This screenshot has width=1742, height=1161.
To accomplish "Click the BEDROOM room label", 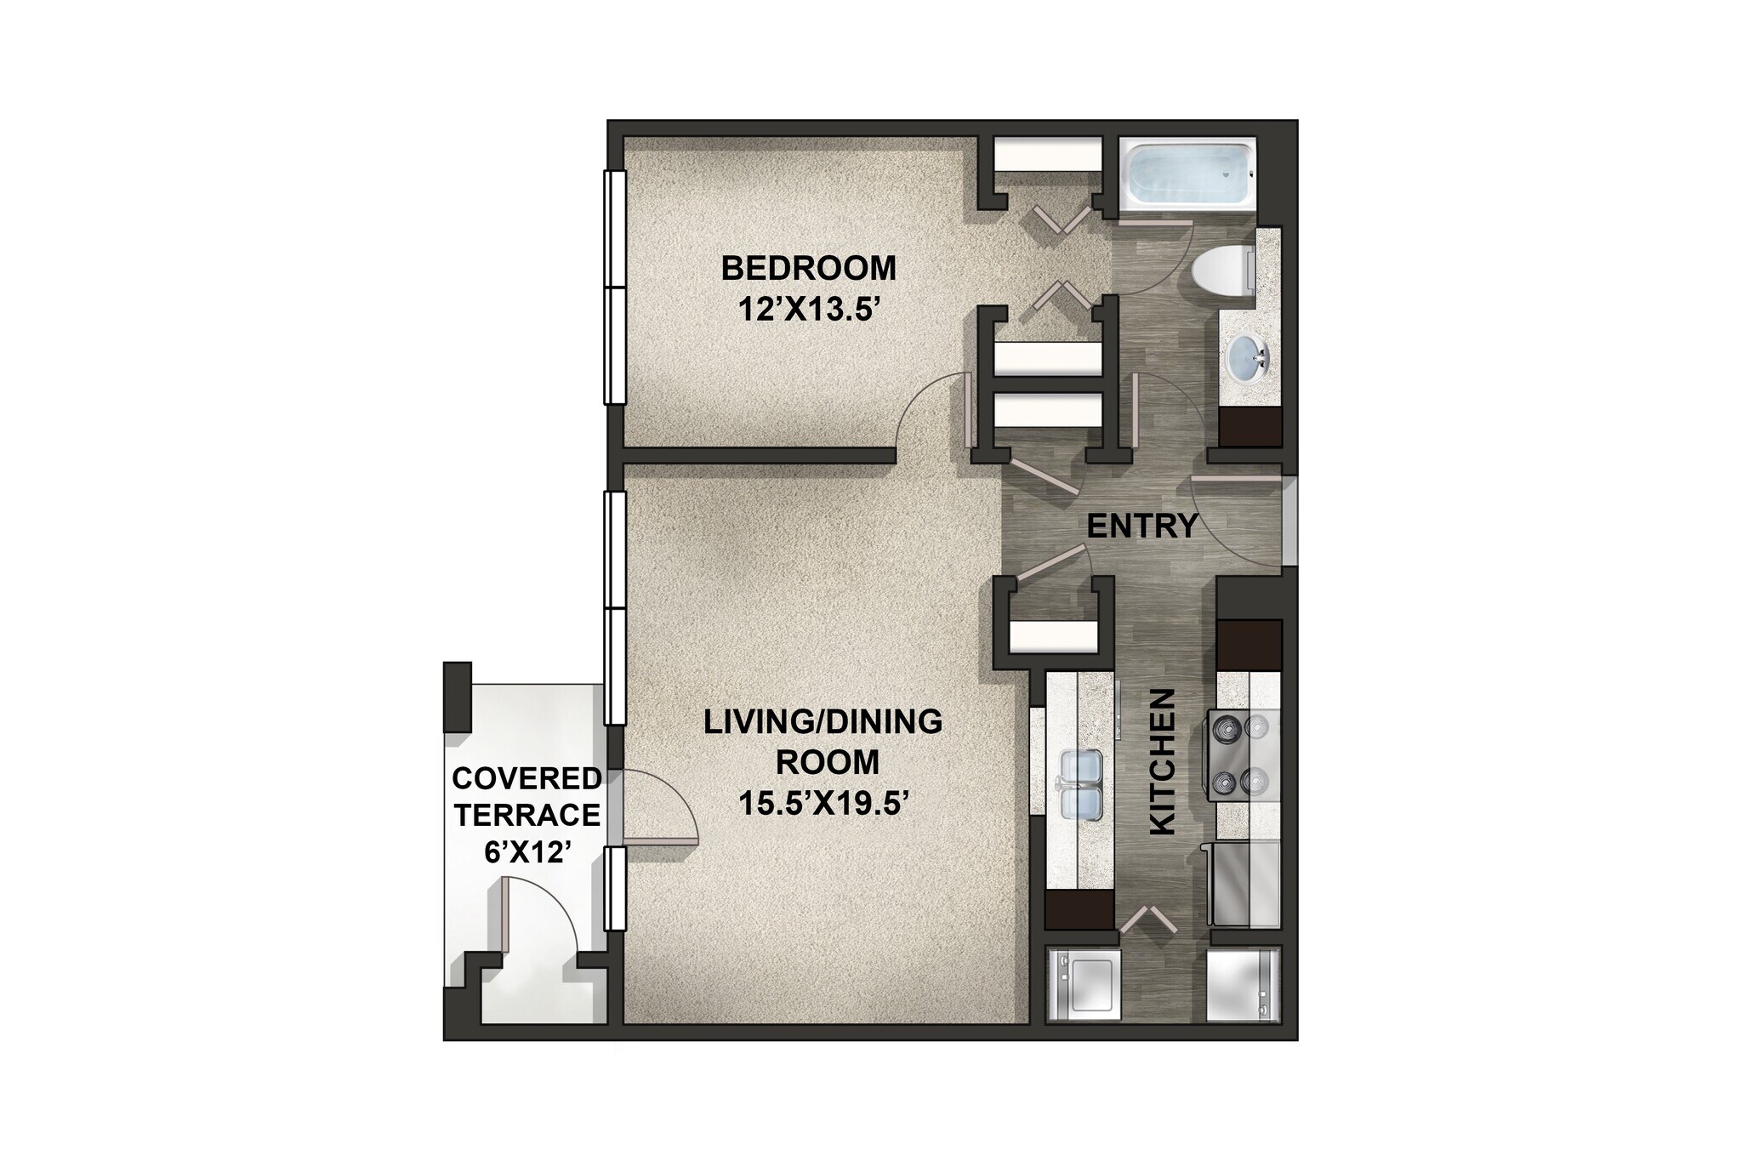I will [808, 268].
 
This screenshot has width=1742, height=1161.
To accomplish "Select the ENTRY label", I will [1141, 526].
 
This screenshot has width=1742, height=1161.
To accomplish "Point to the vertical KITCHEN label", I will [1162, 761].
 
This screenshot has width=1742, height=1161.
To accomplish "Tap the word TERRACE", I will [527, 815].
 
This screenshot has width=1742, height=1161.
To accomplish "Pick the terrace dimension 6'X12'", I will [527, 851].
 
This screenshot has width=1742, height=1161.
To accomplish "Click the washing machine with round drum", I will [1083, 983].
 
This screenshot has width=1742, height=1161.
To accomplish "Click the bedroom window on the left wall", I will [615, 287].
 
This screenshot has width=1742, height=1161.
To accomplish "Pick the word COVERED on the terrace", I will [527, 778].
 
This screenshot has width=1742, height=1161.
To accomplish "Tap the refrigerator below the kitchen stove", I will [1244, 885].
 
